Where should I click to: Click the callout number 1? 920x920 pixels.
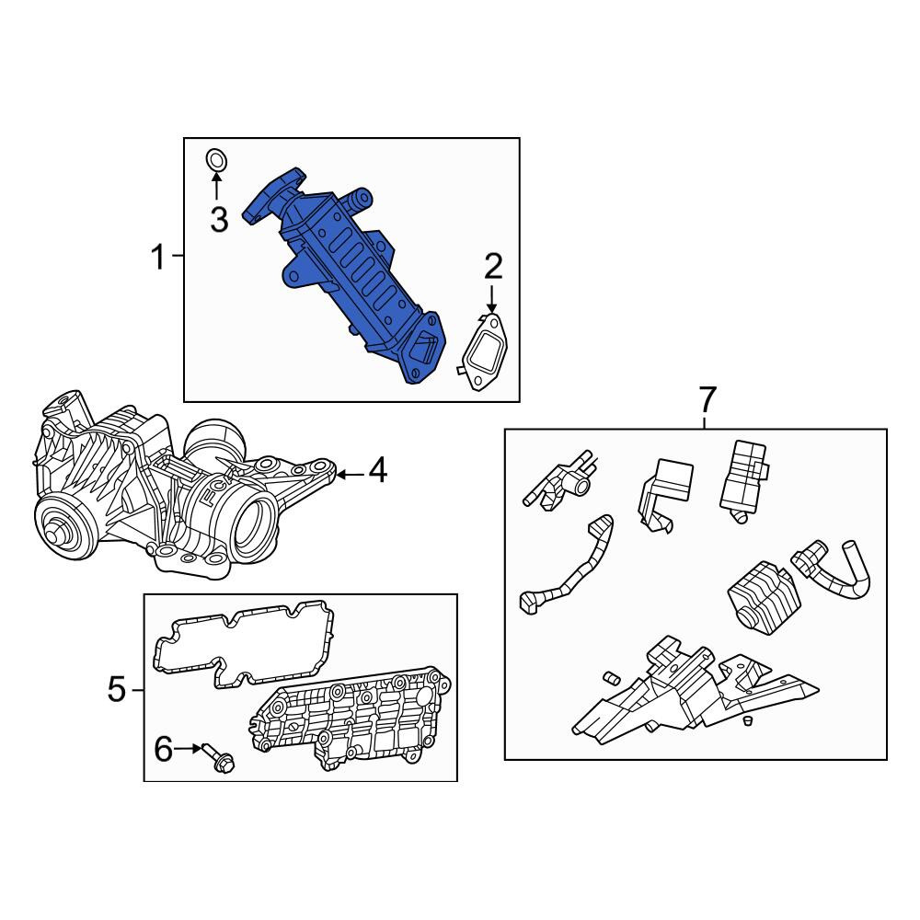click(158, 258)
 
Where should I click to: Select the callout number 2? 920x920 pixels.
click(493, 267)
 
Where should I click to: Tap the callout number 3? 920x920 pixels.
click(219, 220)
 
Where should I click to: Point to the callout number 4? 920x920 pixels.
click(377, 470)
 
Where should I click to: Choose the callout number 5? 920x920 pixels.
click(117, 689)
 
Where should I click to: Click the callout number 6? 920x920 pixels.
click(163, 749)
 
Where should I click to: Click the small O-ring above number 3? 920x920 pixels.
click(216, 159)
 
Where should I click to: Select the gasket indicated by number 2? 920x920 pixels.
click(484, 352)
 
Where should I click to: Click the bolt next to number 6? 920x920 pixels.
click(219, 758)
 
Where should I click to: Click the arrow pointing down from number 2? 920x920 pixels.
click(492, 297)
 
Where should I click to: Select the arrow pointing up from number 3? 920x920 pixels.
click(216, 187)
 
